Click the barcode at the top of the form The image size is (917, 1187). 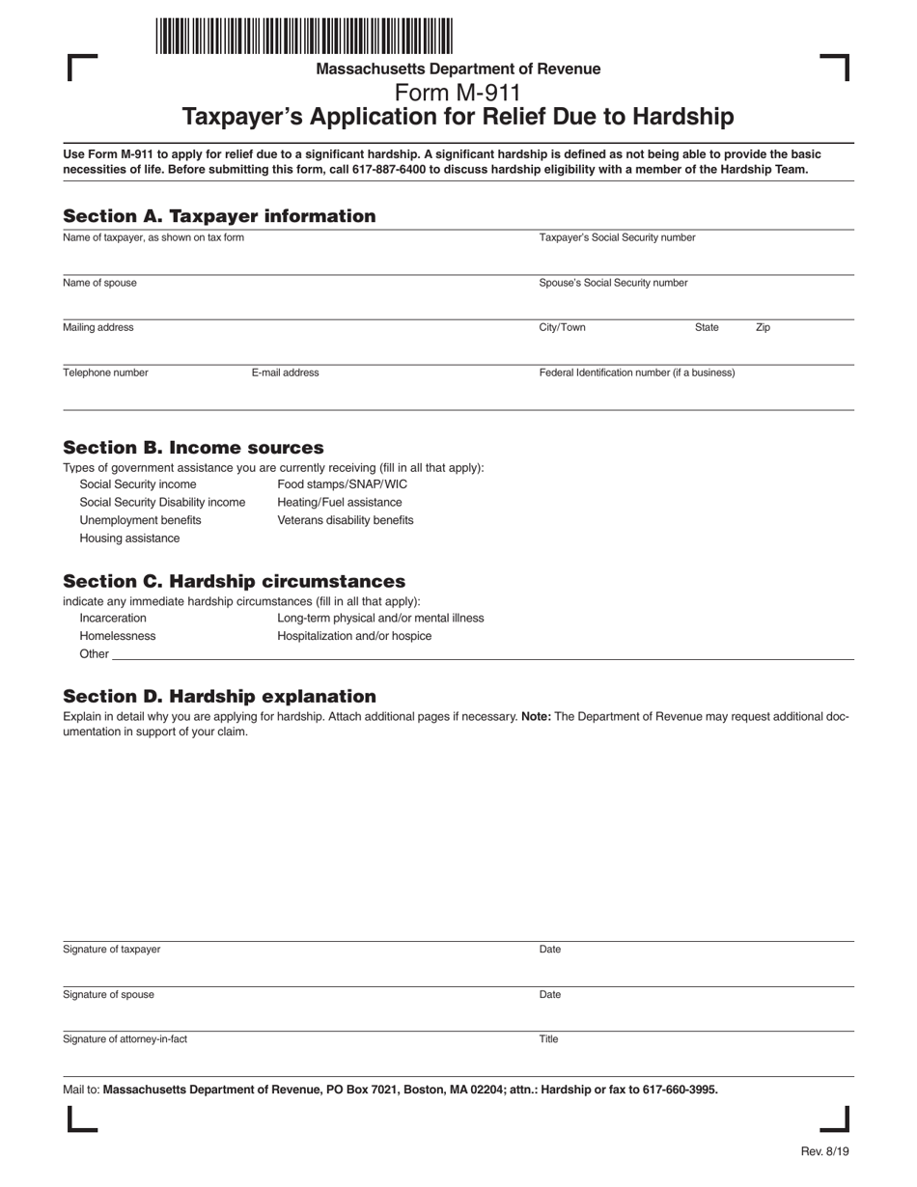[303, 36]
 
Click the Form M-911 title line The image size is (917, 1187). [458, 93]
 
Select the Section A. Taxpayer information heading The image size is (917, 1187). [219, 216]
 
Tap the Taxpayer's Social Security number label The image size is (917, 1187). [617, 237]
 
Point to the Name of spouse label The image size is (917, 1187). [99, 283]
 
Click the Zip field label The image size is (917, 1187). [763, 327]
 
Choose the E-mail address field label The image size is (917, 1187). [285, 373]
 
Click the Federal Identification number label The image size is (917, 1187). [636, 373]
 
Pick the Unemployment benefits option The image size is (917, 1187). [140, 520]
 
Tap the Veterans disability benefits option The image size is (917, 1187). [345, 520]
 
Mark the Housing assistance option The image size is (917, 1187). [129, 538]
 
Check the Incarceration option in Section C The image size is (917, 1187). [113, 618]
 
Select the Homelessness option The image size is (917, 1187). [117, 636]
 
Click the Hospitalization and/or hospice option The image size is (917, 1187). [354, 636]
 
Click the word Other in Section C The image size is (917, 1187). [94, 654]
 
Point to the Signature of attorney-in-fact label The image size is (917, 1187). [125, 1039]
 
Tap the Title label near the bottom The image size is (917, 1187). [548, 1039]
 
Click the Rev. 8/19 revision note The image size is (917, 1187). [824, 1151]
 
